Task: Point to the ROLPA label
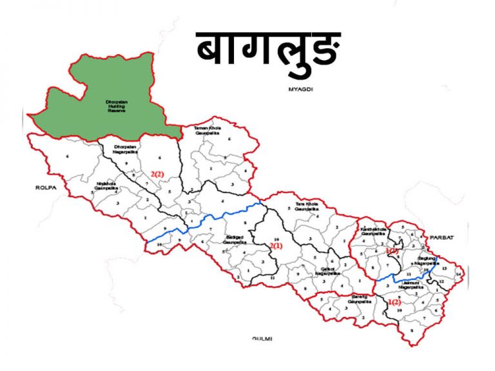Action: [x=48, y=187]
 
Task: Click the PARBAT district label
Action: [x=444, y=237]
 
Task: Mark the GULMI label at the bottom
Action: [x=263, y=338]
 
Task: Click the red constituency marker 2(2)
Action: [x=158, y=174]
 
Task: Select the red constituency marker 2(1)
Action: [x=276, y=246]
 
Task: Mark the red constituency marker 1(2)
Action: [x=393, y=302]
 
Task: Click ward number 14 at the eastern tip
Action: [x=458, y=274]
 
